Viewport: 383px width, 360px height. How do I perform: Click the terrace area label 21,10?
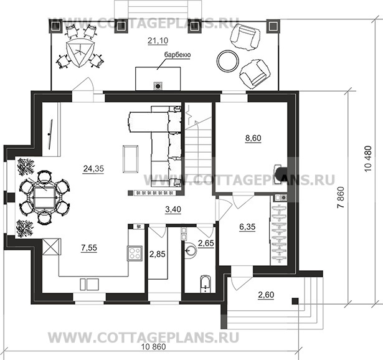pyautogui.click(x=158, y=40)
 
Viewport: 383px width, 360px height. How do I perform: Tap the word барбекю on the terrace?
pyautogui.click(x=177, y=55)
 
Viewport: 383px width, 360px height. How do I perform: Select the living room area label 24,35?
pyautogui.click(x=93, y=169)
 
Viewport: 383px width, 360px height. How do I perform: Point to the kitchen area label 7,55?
pyautogui.click(x=89, y=248)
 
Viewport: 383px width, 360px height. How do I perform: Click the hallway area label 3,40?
pyautogui.click(x=173, y=209)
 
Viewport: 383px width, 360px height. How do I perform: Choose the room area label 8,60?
pyautogui.click(x=253, y=138)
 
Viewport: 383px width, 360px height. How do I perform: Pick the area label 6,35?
pyautogui.click(x=247, y=227)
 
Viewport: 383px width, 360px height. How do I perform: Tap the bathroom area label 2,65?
pyautogui.click(x=206, y=243)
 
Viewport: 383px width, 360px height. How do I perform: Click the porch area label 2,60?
pyautogui.click(x=266, y=295)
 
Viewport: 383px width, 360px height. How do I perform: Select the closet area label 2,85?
pyautogui.click(x=158, y=254)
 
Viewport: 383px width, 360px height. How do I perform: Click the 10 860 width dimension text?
pyautogui.click(x=154, y=347)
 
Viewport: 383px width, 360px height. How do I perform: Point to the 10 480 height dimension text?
pyautogui.click(x=368, y=159)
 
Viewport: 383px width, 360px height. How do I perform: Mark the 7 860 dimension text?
pyautogui.click(x=341, y=197)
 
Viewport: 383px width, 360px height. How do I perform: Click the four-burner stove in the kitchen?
pyautogui.click(x=135, y=253)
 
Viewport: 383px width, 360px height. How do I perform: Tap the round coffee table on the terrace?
pyautogui.click(x=228, y=61)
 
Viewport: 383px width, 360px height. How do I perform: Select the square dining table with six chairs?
pyautogui.click(x=44, y=197)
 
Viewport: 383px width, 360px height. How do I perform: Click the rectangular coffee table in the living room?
pyautogui.click(x=131, y=159)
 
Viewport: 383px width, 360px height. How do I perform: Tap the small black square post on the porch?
pyautogui.click(x=295, y=301)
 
